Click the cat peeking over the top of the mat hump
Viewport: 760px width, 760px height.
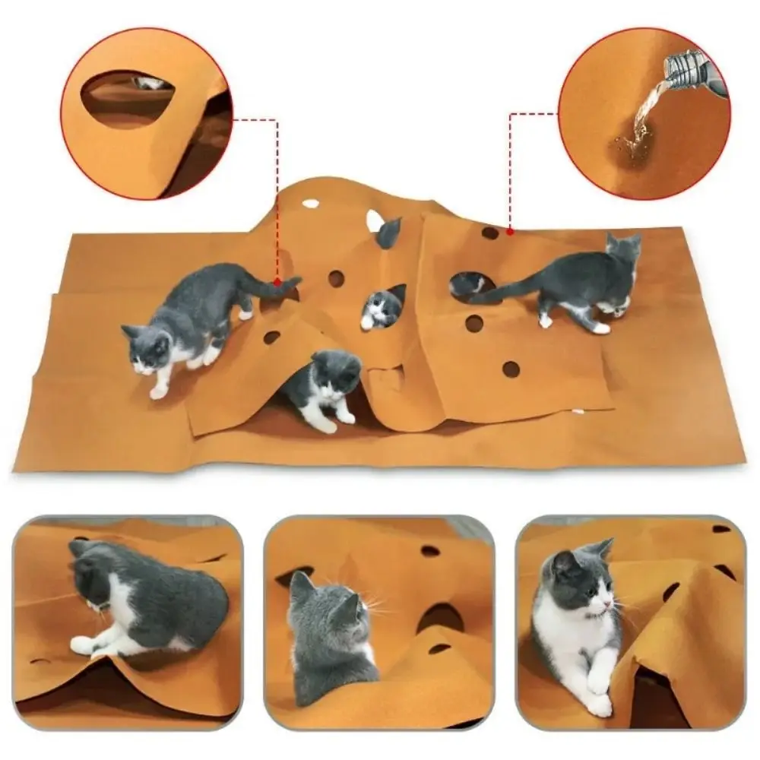(388, 233)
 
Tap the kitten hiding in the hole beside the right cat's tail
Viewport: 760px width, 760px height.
(467, 284)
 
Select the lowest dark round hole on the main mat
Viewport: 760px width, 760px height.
(511, 369)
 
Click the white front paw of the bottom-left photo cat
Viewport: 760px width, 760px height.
(82, 645)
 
